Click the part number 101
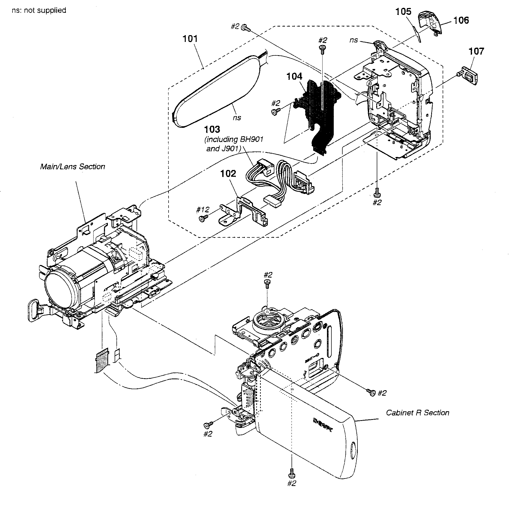click(190, 39)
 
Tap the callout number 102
click(228, 174)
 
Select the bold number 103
click(212, 129)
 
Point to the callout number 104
click(294, 77)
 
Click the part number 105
click(403, 12)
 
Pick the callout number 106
click(461, 20)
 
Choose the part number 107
click(476, 51)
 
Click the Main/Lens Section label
click(72, 167)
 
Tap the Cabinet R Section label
click(417, 413)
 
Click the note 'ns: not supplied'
click(39, 10)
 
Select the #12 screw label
click(203, 210)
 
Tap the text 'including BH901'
click(234, 140)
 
